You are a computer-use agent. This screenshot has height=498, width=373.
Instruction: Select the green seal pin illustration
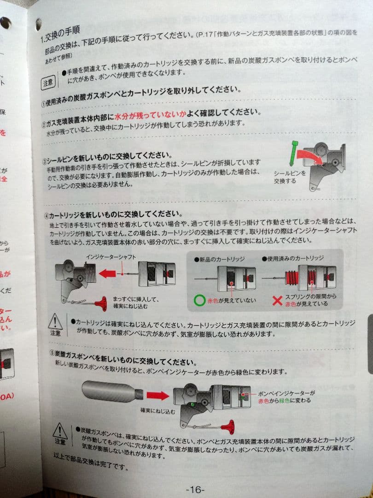coord(294,152)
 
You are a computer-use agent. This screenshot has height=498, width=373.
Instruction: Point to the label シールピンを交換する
coord(290,177)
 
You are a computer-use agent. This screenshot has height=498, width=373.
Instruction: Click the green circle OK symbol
coord(199,301)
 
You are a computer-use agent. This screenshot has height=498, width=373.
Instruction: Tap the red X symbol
coord(277,301)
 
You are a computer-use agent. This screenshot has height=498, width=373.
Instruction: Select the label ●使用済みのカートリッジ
coord(292,258)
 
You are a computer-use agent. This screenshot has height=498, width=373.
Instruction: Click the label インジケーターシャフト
coord(111,257)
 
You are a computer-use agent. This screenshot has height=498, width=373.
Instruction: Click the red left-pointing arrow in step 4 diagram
coord(107,274)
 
